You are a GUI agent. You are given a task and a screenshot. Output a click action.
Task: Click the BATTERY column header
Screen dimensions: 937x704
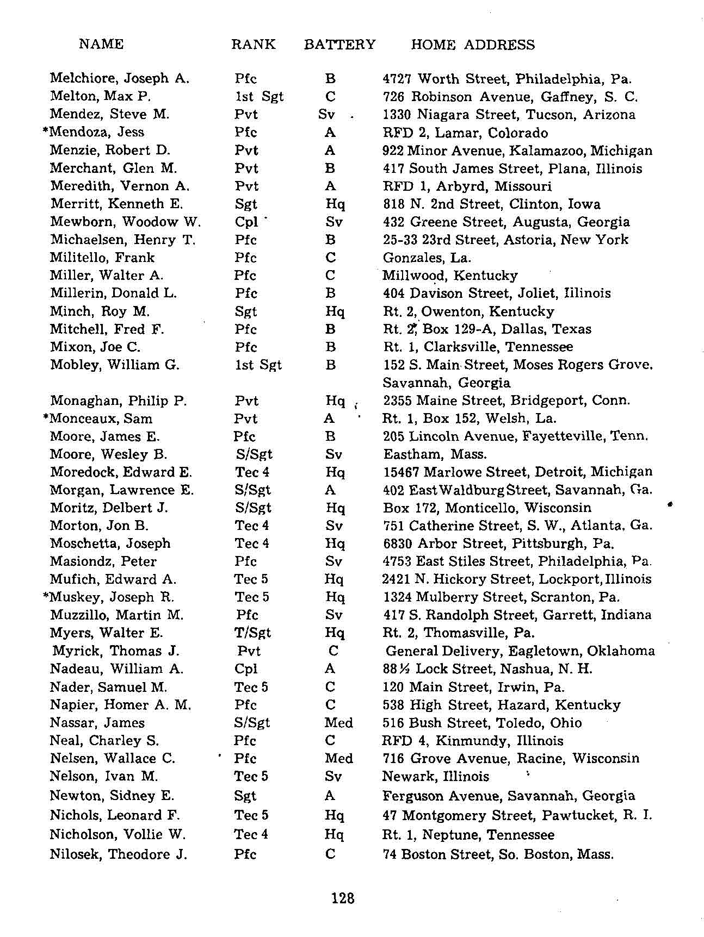pyautogui.click(x=339, y=45)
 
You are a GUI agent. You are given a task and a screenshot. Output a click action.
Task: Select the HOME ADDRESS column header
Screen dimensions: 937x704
pyautogui.click(x=473, y=45)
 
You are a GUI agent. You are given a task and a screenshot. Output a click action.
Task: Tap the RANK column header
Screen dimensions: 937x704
pyautogui.click(x=253, y=45)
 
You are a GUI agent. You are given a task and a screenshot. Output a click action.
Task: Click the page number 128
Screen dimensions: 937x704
pyautogui.click(x=343, y=898)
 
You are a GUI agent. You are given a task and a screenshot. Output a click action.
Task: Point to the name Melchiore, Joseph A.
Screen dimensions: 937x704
pyautogui.click(x=120, y=78)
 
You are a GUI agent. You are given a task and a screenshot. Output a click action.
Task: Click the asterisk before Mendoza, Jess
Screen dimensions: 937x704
pyautogui.click(x=46, y=131)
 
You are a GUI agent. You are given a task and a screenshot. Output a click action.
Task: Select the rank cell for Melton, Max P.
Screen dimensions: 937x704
pyautogui.click(x=259, y=97)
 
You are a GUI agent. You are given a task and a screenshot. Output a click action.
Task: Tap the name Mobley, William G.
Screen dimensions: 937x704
pyautogui.click(x=115, y=365)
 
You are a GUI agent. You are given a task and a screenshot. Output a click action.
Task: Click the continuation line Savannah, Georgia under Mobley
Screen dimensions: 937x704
pyautogui.click(x=447, y=383)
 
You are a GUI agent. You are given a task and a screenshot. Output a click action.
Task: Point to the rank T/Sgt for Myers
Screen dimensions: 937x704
pyautogui.click(x=252, y=633)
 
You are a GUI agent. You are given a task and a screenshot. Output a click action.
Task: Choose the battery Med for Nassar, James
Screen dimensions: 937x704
pyautogui.click(x=338, y=723)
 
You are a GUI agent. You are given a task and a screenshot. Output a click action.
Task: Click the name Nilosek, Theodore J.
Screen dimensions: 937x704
pyautogui.click(x=118, y=854)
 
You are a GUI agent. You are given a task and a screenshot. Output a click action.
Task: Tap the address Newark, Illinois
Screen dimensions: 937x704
pyautogui.click(x=436, y=776)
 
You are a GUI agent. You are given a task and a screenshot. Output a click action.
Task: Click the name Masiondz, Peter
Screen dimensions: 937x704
pyautogui.click(x=103, y=561)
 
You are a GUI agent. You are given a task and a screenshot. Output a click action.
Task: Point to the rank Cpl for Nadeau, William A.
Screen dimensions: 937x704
pyautogui.click(x=246, y=669)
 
